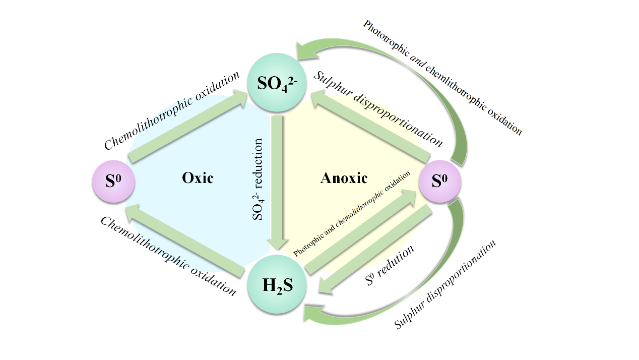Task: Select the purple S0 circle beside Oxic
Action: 113,181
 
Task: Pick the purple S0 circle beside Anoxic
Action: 440,181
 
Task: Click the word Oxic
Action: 198,178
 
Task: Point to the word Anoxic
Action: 344,178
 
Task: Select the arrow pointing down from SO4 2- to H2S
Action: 277,182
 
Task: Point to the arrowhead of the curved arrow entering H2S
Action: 311,315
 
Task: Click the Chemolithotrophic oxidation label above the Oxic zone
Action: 172,110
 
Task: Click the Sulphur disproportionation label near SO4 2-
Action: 378,108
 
